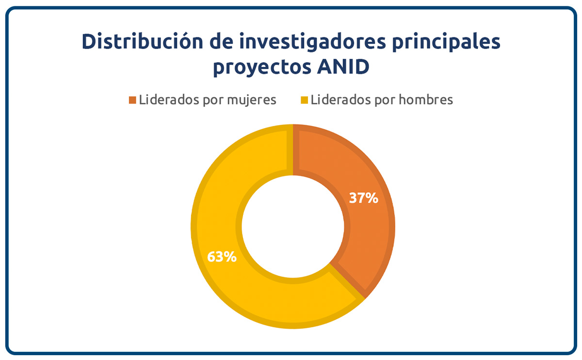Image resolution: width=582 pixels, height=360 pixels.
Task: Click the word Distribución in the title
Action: pyautogui.click(x=143, y=41)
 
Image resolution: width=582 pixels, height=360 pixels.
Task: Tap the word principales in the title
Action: pyautogui.click(x=446, y=42)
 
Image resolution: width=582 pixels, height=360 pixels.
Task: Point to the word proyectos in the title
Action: pyautogui.click(x=262, y=67)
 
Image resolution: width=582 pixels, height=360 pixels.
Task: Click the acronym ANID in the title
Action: pyautogui.click(x=343, y=66)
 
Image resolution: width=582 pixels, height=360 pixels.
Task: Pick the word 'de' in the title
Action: pyautogui.click(x=221, y=41)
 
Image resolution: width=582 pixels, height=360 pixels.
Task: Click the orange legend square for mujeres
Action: pyautogui.click(x=132, y=100)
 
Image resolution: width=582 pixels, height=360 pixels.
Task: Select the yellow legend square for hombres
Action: pyautogui.click(x=304, y=100)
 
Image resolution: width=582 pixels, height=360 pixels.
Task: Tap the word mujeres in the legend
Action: pyautogui.click(x=252, y=100)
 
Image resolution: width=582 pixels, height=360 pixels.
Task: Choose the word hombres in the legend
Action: pyautogui.click(x=426, y=99)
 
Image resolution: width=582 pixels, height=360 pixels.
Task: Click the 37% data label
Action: pyautogui.click(x=363, y=198)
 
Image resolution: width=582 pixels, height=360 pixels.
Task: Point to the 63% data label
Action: pyautogui.click(x=222, y=257)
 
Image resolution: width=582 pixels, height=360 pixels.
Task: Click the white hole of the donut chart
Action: pyautogui.click(x=293, y=227)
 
